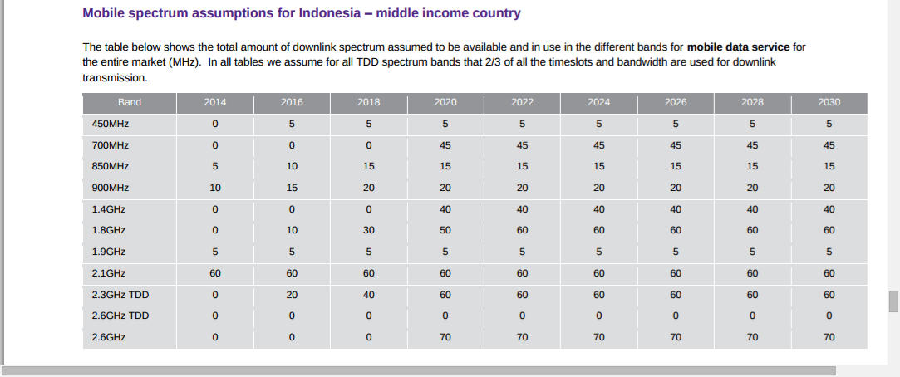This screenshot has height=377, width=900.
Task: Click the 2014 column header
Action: pos(215,102)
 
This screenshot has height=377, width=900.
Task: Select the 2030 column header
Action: pos(829,102)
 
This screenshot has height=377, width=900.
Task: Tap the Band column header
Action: pos(130,102)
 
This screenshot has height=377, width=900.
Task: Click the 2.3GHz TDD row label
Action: pos(117,295)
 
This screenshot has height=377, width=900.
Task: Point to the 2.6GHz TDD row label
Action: pos(117,316)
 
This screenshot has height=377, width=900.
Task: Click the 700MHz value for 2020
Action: pos(445,145)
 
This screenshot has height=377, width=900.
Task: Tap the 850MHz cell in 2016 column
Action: pos(292,166)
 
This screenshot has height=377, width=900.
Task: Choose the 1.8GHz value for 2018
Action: pos(368,230)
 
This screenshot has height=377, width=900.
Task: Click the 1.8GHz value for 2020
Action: pos(445,230)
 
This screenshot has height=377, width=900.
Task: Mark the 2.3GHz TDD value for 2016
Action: pos(292,295)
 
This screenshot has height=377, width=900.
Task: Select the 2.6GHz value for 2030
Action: pos(829,337)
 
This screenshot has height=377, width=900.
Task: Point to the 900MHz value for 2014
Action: pos(215,188)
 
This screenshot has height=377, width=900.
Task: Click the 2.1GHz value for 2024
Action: pos(598,274)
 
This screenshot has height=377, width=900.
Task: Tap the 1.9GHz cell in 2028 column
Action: pos(752,252)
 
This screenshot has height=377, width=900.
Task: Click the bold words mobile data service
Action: pos(739,47)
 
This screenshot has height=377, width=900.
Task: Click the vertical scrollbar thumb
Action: pos(893,301)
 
